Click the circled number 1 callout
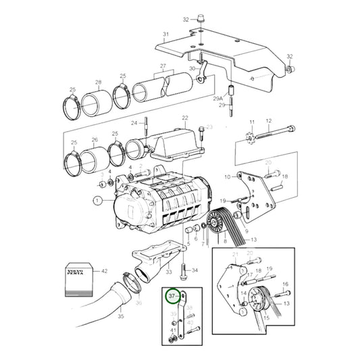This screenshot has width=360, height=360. [x=97, y=201]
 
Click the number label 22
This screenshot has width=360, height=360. [x=184, y=118]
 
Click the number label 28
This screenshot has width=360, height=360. [x=99, y=83]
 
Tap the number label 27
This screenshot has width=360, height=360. [x=162, y=66]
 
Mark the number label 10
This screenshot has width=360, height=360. [x=228, y=176]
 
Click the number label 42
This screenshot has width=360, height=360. [x=104, y=270]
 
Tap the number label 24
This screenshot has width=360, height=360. [x=134, y=122]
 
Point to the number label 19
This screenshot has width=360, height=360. [x=224, y=201]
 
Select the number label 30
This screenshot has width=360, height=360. [x=191, y=68]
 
